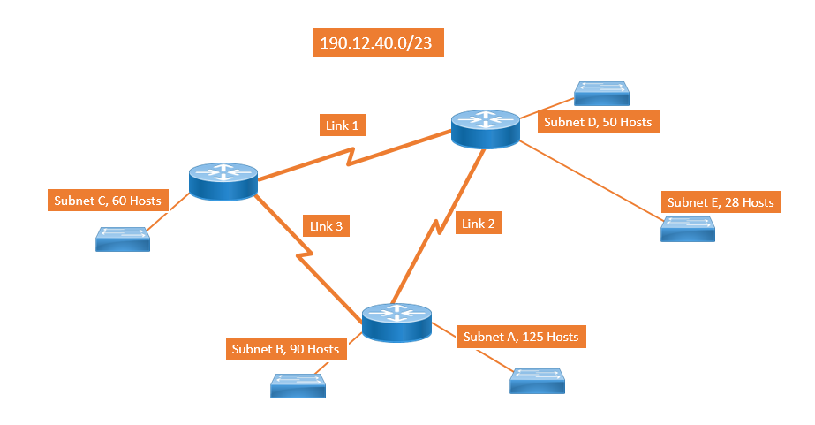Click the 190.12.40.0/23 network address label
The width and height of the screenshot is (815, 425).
(379, 43)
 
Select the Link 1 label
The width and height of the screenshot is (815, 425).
(343, 125)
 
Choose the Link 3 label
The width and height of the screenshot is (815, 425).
(327, 226)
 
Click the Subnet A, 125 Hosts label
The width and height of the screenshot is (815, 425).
(521, 337)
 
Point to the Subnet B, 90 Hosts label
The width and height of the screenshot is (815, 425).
(285, 349)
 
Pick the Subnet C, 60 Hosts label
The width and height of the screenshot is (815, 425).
(107, 201)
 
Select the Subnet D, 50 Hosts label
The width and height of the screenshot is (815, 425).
(598, 122)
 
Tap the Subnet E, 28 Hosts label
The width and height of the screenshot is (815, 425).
(721, 202)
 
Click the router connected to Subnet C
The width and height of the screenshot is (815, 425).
(223, 180)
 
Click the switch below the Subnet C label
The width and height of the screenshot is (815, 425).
(123, 239)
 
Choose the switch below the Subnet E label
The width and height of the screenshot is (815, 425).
(689, 229)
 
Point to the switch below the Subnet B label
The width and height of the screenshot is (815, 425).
(298, 385)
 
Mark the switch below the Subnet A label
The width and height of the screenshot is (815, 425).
(536, 381)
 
